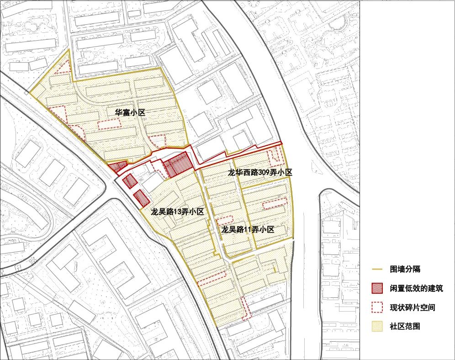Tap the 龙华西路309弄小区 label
pyautogui.click(x=260, y=173)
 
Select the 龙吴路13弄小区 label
pyautogui.click(x=177, y=212)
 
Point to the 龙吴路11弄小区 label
pyautogui.click(x=248, y=230)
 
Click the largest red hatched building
pyautogui.click(x=177, y=165)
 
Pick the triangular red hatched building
pyautogui.click(x=117, y=167)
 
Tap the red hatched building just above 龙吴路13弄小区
pyautogui.click(x=142, y=198)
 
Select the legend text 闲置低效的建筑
pyautogui.click(x=416, y=289)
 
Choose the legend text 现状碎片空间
pyautogui.click(x=412, y=307)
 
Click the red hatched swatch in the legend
pyautogui.click(x=377, y=289)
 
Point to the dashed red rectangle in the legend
pyautogui.click(x=377, y=307)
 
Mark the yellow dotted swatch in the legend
pyautogui.click(x=377, y=327)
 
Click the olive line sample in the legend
pyautogui.click(x=377, y=270)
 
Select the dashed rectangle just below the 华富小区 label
pyautogui.click(x=109, y=124)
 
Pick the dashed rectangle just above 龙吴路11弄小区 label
pyautogui.click(x=224, y=220)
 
